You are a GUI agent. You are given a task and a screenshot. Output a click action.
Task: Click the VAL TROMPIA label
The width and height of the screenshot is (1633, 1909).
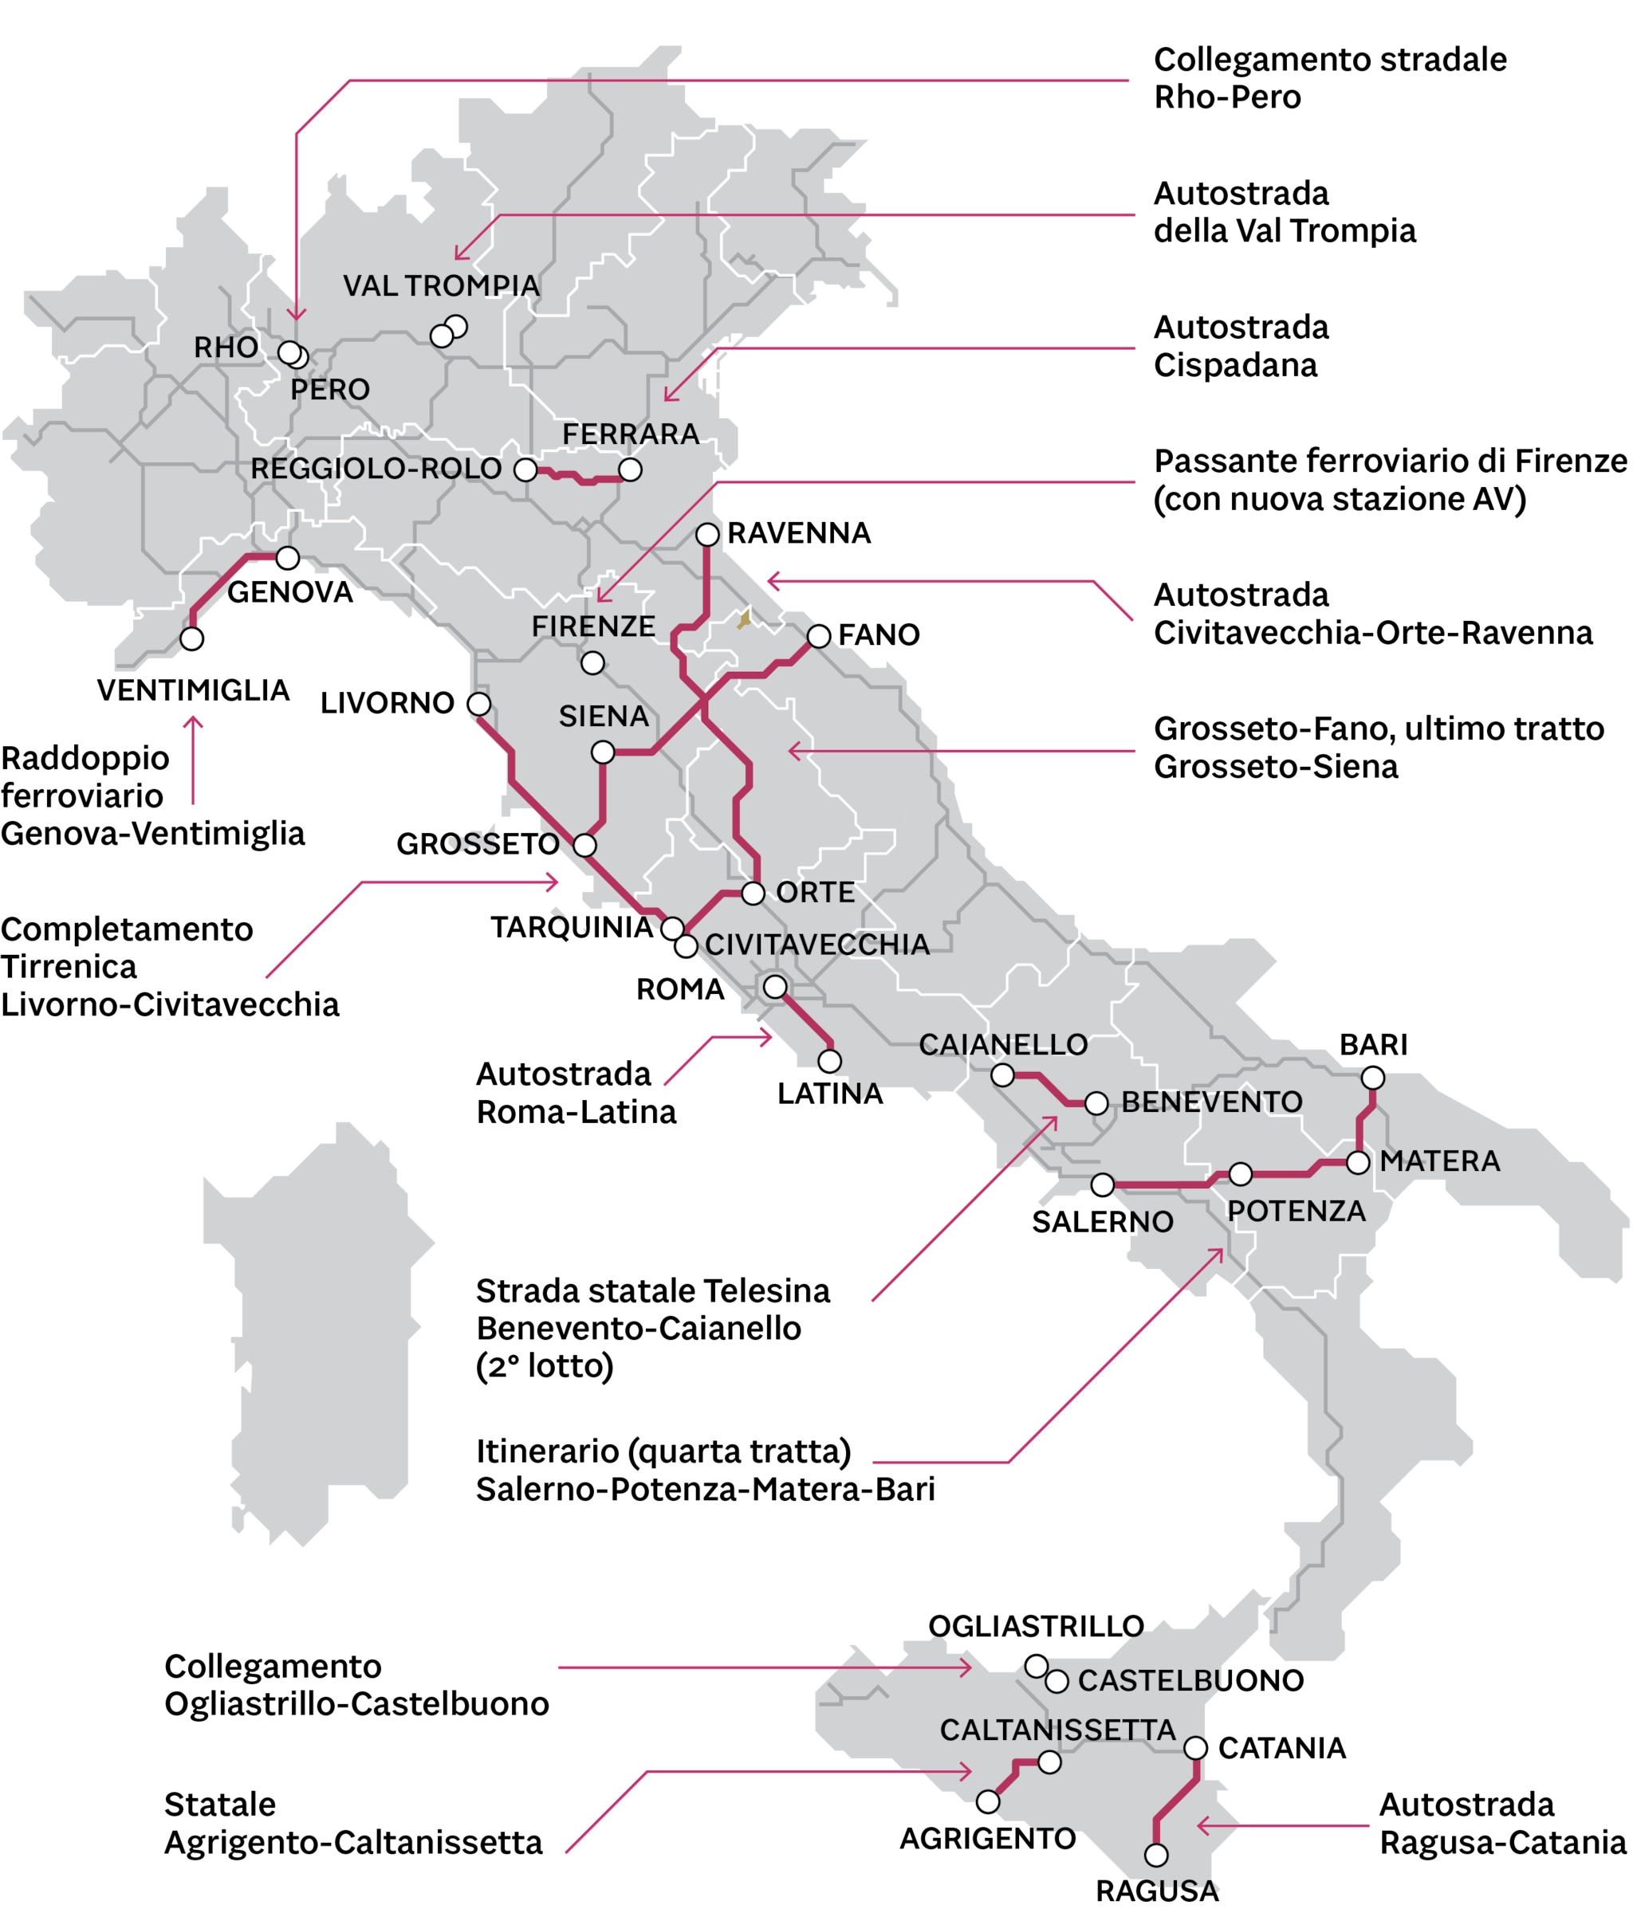click(442, 285)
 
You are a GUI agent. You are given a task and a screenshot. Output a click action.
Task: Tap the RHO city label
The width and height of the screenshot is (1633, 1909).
click(226, 348)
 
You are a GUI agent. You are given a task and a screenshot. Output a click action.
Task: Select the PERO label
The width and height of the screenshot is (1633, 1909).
click(330, 390)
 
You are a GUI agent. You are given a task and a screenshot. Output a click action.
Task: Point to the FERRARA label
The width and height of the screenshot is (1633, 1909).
click(631, 434)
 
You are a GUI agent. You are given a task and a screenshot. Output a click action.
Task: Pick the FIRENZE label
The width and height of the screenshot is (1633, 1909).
click(593, 627)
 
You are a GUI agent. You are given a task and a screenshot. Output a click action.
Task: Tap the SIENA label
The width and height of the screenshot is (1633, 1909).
click(604, 716)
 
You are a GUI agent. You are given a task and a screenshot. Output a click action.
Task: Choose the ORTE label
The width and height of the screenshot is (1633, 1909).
click(816, 892)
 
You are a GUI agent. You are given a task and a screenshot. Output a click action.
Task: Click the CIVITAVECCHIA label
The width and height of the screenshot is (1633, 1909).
click(817, 945)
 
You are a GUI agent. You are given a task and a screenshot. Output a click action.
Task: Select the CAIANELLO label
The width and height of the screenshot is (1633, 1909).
click(1002, 1044)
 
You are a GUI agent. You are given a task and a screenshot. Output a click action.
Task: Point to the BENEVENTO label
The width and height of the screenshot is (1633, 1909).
click(1212, 1102)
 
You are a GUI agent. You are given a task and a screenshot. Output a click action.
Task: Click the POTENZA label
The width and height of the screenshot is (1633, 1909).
click(1297, 1211)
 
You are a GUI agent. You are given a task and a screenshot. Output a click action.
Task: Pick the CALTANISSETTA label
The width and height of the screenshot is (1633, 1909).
click(1058, 1730)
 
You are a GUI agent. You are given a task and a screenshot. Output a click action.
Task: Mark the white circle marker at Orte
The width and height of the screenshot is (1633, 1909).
click(753, 893)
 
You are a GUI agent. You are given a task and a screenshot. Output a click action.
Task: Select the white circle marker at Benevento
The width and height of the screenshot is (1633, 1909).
click(1096, 1103)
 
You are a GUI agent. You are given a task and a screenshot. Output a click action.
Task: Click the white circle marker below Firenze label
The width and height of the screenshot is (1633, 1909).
click(592, 662)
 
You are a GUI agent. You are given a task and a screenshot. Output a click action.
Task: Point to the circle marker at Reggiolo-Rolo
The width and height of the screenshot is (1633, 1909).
click(525, 470)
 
